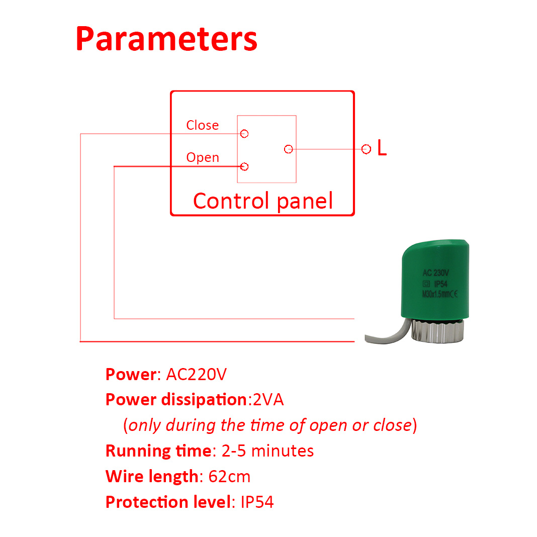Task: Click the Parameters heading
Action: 166,39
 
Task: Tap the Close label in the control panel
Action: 203,125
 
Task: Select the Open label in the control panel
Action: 203,157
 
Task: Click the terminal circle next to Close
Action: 244,134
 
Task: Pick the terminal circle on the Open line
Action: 244,166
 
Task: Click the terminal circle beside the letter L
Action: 366,149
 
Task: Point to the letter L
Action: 382,148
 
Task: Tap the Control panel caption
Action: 262,201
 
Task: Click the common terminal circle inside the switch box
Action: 289,149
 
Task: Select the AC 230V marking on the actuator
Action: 435,273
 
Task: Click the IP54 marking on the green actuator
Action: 441,284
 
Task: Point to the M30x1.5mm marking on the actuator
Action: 435,294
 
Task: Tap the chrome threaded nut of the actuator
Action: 437,331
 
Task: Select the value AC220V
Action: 196,374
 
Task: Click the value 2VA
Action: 268,400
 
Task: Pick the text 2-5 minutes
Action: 267,451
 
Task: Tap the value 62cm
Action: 229,476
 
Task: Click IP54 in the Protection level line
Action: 257,502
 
